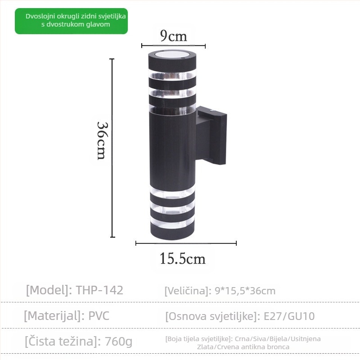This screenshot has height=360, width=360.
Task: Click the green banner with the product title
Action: click(x=71, y=21)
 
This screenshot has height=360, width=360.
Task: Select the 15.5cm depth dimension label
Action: click(x=182, y=258)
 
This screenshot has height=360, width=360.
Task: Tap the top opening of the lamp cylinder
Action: click(x=173, y=55)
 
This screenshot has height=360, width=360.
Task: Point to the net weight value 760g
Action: click(x=117, y=342)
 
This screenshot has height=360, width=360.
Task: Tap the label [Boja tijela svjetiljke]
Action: click(x=198, y=339)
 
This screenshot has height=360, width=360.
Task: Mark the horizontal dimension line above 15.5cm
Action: click(x=186, y=243)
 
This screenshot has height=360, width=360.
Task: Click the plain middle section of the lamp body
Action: click(x=173, y=148)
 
